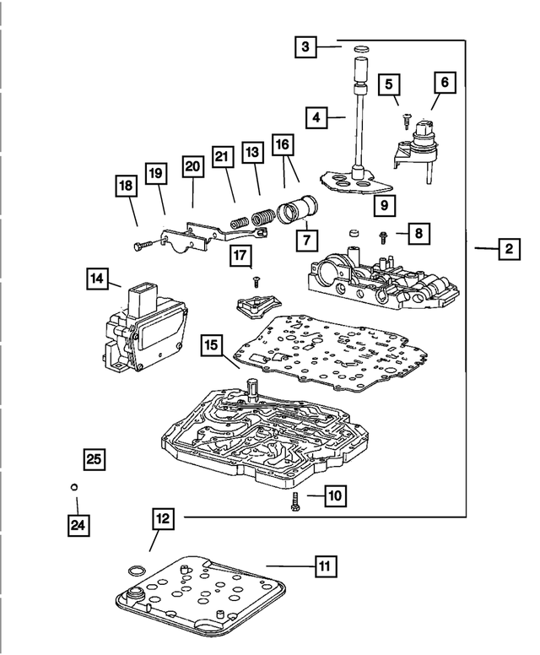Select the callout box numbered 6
tap(445, 83)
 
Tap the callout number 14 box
tap(97, 278)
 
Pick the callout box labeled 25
tap(94, 459)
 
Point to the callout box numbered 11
tap(324, 566)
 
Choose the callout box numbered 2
tap(509, 249)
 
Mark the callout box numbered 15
tap(212, 345)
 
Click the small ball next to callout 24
tap(74, 487)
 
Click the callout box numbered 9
tap(383, 205)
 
